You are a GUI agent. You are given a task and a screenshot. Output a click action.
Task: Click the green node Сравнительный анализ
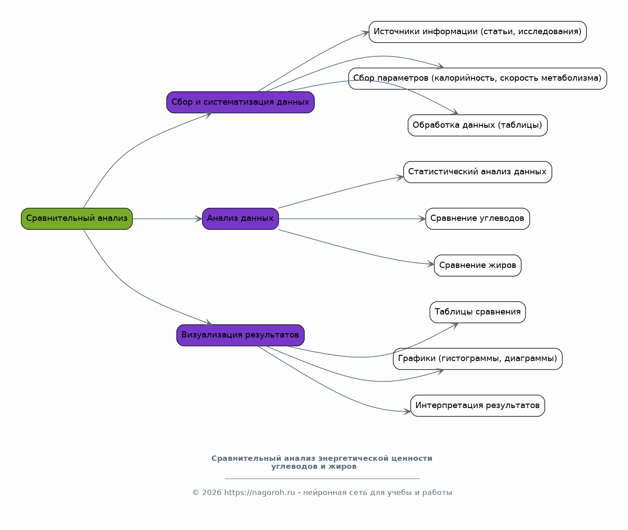[x=77, y=219]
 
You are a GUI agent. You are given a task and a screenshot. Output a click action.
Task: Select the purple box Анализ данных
[x=240, y=219]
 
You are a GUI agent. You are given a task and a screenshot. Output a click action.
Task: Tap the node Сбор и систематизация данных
[x=240, y=102]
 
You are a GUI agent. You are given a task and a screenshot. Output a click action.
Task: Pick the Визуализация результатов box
[x=240, y=335]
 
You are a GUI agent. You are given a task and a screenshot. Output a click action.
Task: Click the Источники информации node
[x=478, y=32]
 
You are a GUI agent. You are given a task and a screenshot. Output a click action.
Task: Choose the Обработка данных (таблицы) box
[x=478, y=125]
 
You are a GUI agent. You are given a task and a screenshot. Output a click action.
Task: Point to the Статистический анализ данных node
[x=478, y=172]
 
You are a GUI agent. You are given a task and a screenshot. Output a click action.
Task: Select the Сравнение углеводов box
[x=478, y=219]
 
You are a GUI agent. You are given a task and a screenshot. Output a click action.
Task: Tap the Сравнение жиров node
[x=478, y=266]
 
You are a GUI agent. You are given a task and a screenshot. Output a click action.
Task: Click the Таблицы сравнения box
[x=478, y=312]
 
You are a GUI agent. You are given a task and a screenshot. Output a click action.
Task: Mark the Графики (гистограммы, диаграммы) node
[x=478, y=359]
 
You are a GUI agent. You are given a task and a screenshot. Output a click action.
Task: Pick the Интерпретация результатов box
[x=478, y=406]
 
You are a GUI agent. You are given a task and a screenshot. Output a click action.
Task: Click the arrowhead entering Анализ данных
[x=199, y=219]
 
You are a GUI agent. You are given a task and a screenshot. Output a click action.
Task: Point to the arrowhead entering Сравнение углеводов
[x=422, y=219]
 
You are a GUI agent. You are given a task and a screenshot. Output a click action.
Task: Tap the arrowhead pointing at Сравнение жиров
[x=431, y=264]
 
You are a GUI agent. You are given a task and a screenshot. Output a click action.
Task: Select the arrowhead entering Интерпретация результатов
[x=407, y=412]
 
